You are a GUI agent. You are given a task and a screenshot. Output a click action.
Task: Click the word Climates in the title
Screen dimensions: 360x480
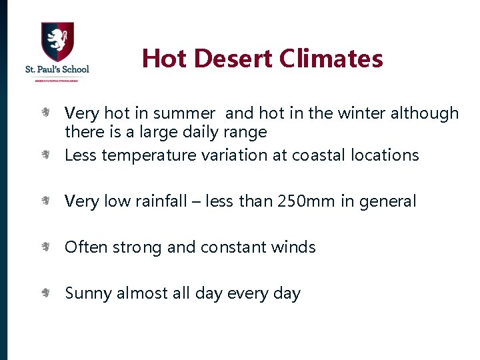tap(331, 58)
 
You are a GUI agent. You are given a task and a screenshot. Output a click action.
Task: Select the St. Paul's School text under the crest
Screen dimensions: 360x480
tap(57, 69)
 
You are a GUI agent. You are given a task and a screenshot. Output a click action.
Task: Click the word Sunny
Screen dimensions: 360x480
tap(89, 293)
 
